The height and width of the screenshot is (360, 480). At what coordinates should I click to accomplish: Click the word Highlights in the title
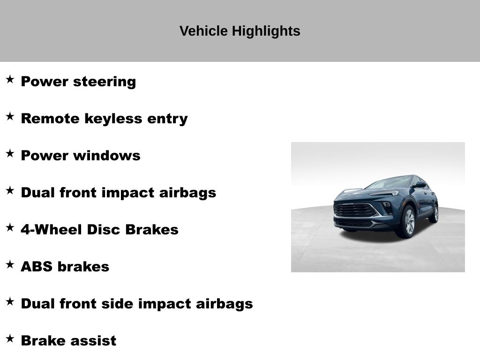click(x=266, y=31)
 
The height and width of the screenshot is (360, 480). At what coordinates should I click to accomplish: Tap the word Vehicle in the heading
click(x=203, y=31)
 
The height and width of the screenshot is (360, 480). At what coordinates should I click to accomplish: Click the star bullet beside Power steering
click(x=10, y=79)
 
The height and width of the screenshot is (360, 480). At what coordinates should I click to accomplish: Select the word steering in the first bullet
click(x=105, y=82)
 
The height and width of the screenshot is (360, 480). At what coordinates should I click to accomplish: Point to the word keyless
click(x=113, y=119)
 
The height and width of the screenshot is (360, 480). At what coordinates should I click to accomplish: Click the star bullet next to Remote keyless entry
click(x=10, y=116)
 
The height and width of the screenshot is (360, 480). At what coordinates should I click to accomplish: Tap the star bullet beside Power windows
click(x=10, y=153)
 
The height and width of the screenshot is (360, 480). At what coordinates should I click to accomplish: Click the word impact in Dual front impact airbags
click(x=128, y=193)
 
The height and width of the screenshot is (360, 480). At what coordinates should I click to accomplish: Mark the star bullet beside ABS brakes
click(x=10, y=264)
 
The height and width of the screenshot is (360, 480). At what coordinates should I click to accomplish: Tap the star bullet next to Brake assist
click(x=10, y=338)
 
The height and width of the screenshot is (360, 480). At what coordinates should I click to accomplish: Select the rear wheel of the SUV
click(x=435, y=213)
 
